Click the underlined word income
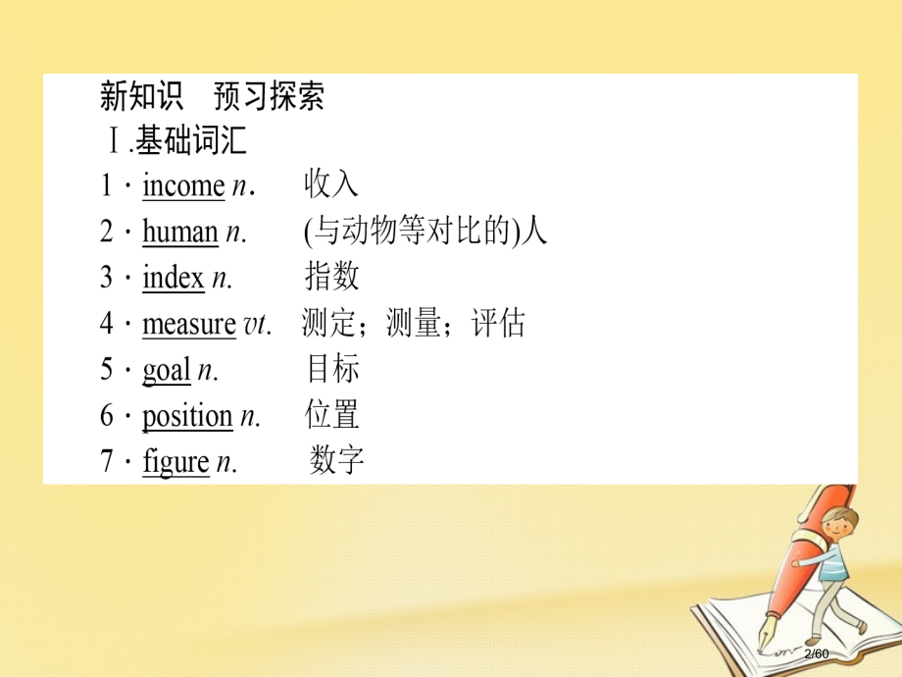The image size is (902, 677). click(183, 186)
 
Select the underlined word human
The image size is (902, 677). click(179, 233)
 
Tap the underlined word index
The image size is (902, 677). click(173, 278)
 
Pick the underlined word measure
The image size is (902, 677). click(188, 324)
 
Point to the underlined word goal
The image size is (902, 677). click(166, 370)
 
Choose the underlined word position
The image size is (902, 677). click(187, 416)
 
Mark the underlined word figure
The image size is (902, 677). click(175, 462)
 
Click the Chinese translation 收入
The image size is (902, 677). click(331, 184)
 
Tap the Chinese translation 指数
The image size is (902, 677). click(331, 277)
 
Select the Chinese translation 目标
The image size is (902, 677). click(332, 369)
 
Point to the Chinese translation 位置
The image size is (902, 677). click(331, 415)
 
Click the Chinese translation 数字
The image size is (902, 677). click(337, 460)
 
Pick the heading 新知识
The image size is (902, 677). click(141, 97)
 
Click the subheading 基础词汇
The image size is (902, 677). click(191, 142)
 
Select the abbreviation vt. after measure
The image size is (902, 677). click(256, 325)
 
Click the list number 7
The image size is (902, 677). click(108, 462)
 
